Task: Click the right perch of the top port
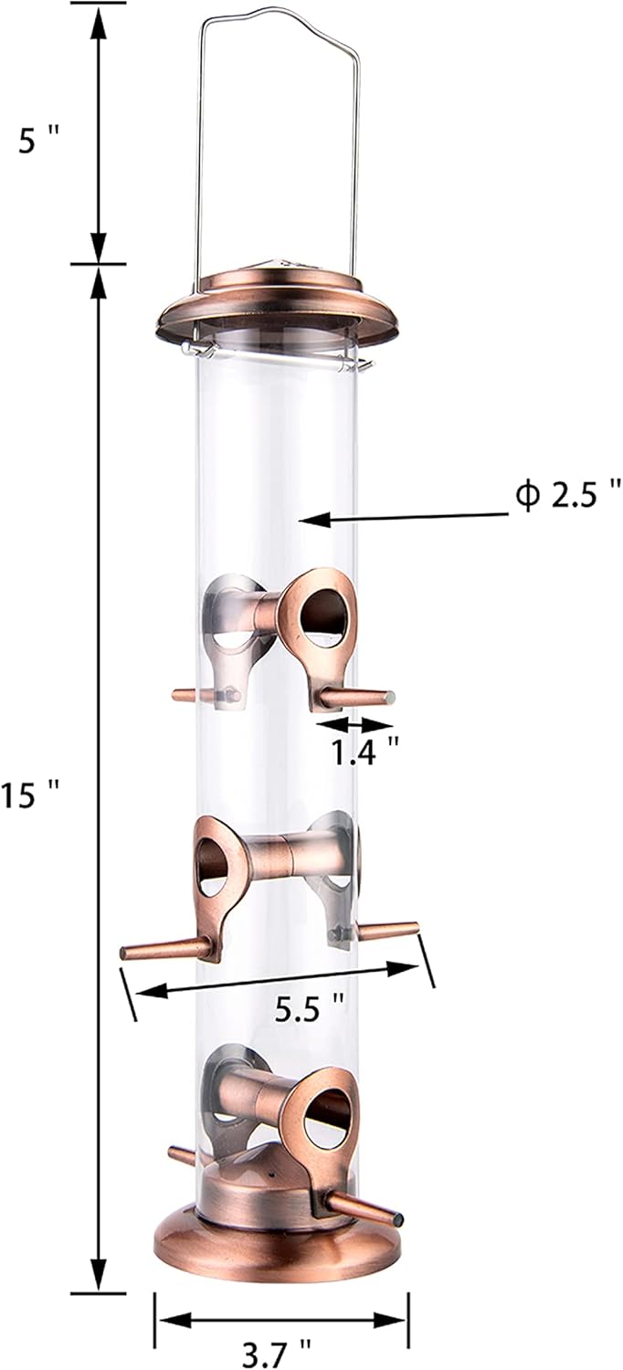point(361,699)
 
